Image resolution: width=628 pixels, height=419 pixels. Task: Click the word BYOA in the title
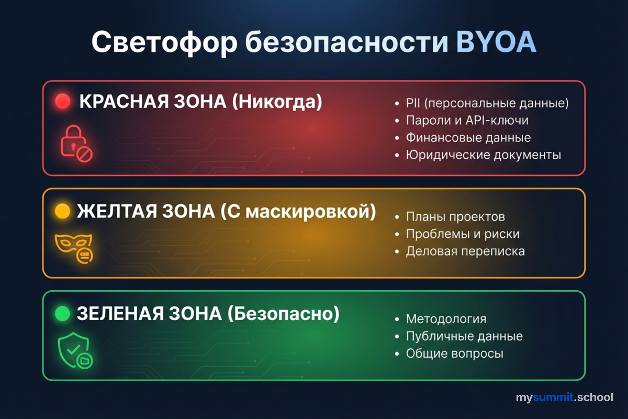[x=496, y=42]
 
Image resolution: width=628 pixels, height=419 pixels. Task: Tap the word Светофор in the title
[x=164, y=43]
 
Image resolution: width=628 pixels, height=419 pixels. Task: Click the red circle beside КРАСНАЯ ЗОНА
[x=62, y=102]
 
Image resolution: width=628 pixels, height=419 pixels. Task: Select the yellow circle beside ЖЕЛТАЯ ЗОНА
[x=62, y=211]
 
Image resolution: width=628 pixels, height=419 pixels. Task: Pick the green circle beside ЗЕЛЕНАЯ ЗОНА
[x=62, y=314]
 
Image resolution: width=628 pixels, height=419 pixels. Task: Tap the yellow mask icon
[x=75, y=247]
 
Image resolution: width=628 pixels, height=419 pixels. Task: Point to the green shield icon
[x=75, y=350]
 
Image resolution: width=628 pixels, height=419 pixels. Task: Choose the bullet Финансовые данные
[x=468, y=138]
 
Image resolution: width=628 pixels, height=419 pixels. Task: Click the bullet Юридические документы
[x=483, y=155]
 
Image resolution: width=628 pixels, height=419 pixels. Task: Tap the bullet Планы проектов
[x=455, y=217]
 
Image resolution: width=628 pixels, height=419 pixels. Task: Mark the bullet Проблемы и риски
[x=463, y=234]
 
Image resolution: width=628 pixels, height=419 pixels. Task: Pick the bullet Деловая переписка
[x=465, y=251]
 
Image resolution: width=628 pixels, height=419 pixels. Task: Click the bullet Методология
[x=446, y=319]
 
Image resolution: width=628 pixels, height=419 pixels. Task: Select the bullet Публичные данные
[x=464, y=336]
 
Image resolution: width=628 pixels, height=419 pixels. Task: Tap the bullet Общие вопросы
[x=454, y=354]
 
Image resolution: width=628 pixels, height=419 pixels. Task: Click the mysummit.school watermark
[x=564, y=397]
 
